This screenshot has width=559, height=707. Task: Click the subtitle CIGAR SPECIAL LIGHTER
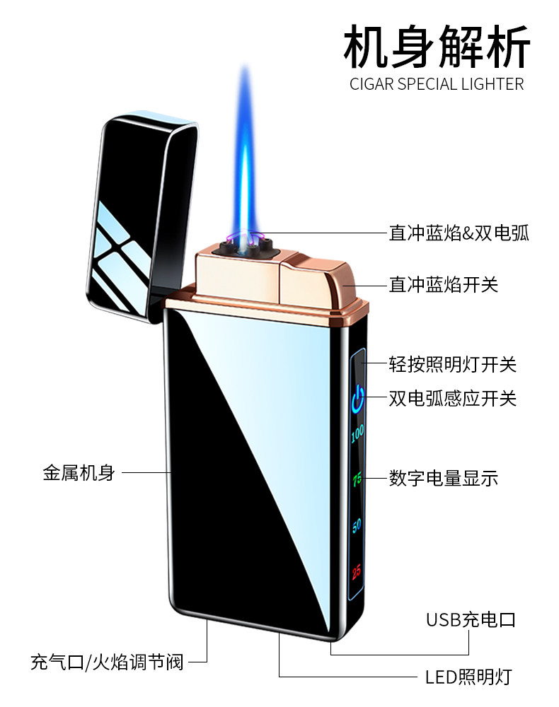point(437,84)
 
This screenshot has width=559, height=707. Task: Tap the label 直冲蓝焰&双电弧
point(459,233)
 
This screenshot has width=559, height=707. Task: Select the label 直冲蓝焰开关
point(443,284)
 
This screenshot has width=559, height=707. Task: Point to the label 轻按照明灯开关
point(452,364)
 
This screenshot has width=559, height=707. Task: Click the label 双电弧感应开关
point(452,398)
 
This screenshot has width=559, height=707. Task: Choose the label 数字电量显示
point(443,477)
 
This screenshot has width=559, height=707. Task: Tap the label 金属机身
point(79,473)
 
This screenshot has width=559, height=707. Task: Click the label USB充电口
point(470,620)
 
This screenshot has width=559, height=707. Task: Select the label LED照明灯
point(468,677)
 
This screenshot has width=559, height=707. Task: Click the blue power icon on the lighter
point(358,397)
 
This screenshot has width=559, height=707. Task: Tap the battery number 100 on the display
point(357,433)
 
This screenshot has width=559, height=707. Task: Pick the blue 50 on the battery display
point(357,525)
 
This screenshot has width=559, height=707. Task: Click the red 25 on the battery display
point(357,570)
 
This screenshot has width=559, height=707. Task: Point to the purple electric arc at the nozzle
point(244,238)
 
